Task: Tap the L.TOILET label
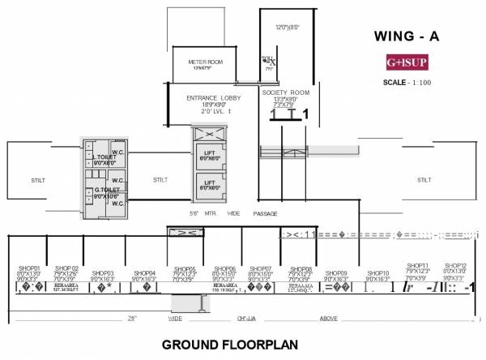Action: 104,156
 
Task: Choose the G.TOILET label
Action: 106,191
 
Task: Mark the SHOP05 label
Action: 184,268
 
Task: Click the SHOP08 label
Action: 301,268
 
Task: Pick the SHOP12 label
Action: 455,266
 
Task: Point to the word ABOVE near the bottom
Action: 327,318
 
